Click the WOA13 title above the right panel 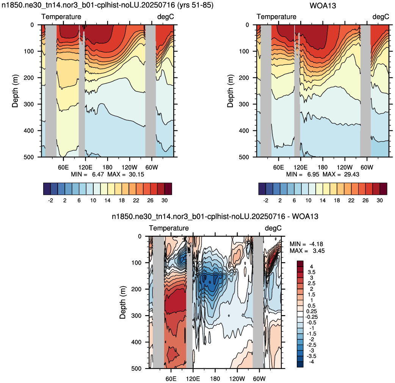click(323, 6)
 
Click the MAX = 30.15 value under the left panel click(126, 174)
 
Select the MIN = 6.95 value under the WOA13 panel click(303, 174)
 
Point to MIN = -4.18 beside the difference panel click(306, 244)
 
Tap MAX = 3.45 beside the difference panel click(307, 251)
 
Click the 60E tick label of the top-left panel click(63, 167)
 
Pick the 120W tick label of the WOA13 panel click(345, 167)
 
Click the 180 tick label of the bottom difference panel click(215, 379)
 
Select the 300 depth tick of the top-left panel click(29, 104)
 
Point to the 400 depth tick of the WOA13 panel click(244, 130)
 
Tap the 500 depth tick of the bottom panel click(136, 368)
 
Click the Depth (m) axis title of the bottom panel click(123, 302)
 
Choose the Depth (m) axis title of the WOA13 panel click(230, 91)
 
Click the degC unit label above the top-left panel click(166, 17)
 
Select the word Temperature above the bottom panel click(169, 228)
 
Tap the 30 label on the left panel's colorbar click(165, 200)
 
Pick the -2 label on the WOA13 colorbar click(265, 200)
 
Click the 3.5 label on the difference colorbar click(311, 272)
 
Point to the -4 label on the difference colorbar click(311, 362)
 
